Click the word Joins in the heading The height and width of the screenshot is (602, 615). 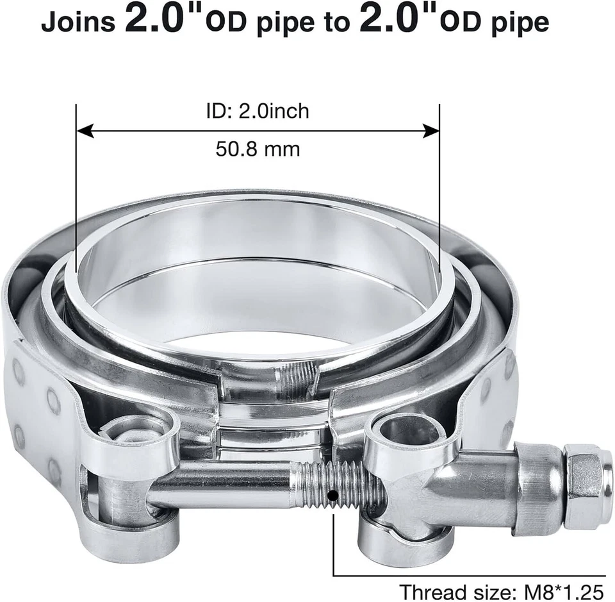click(78, 22)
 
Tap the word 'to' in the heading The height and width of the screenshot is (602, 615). click(334, 22)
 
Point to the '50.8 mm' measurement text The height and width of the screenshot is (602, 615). click(258, 149)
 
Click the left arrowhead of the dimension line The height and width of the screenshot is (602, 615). click(82, 131)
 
